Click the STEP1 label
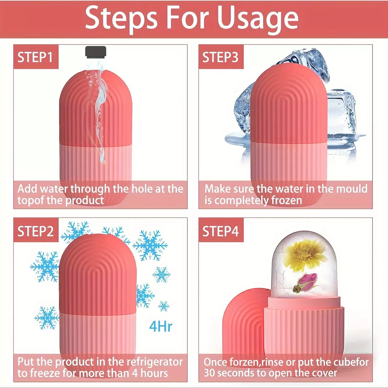pyautogui.click(x=35, y=57)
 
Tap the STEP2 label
pyautogui.click(x=36, y=231)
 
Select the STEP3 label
pyautogui.click(x=220, y=57)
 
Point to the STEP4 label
pyautogui.click(x=221, y=231)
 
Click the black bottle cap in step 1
pyautogui.click(x=96, y=51)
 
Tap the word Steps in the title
pyautogui.click(x=121, y=18)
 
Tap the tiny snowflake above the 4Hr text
pyautogui.click(x=164, y=306)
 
